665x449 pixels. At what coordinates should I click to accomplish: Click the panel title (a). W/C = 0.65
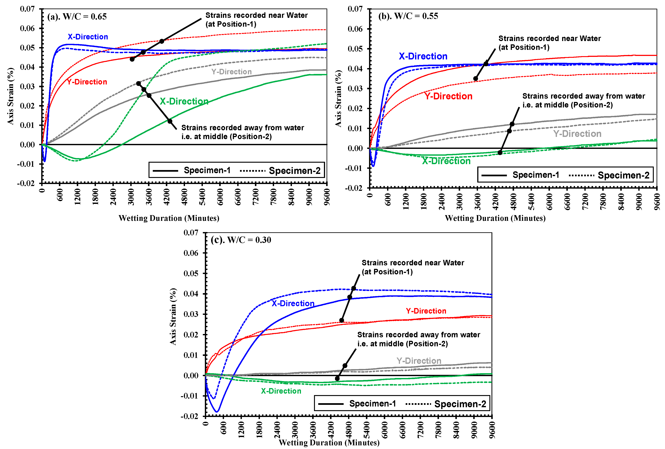point(77,17)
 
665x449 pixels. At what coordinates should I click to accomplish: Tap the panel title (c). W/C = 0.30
point(241,240)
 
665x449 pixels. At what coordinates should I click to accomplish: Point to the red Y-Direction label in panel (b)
point(448,96)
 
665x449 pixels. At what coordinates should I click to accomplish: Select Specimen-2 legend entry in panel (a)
point(294,171)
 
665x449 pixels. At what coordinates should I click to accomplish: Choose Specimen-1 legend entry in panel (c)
point(372,404)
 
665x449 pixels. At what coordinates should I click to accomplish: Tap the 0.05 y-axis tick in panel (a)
point(27,47)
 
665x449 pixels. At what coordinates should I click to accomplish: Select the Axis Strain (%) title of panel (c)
point(173,317)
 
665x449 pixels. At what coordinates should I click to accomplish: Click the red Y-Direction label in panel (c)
point(426,311)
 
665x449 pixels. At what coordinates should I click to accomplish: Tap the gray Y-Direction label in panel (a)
point(231,72)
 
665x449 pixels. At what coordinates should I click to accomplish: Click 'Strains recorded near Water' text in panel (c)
point(413,263)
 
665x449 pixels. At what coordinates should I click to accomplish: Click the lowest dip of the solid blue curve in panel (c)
point(217,412)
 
